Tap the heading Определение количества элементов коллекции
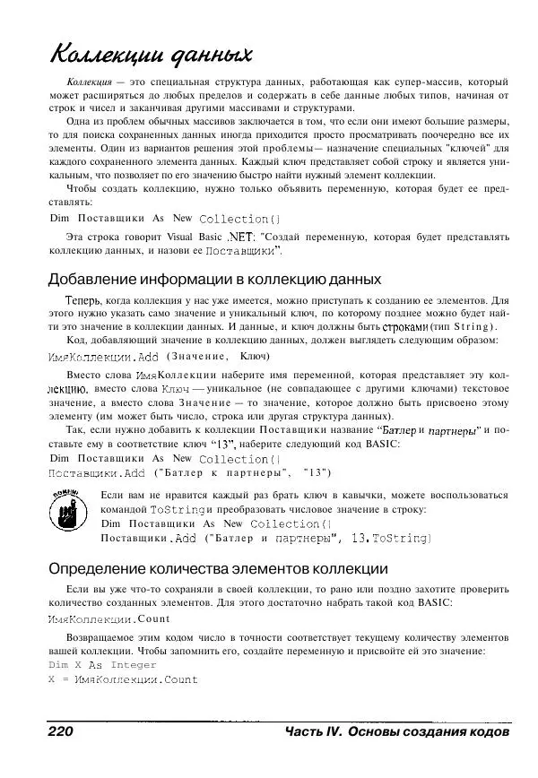217,568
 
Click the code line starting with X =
123,680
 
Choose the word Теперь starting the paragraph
84,300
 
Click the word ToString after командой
178,509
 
